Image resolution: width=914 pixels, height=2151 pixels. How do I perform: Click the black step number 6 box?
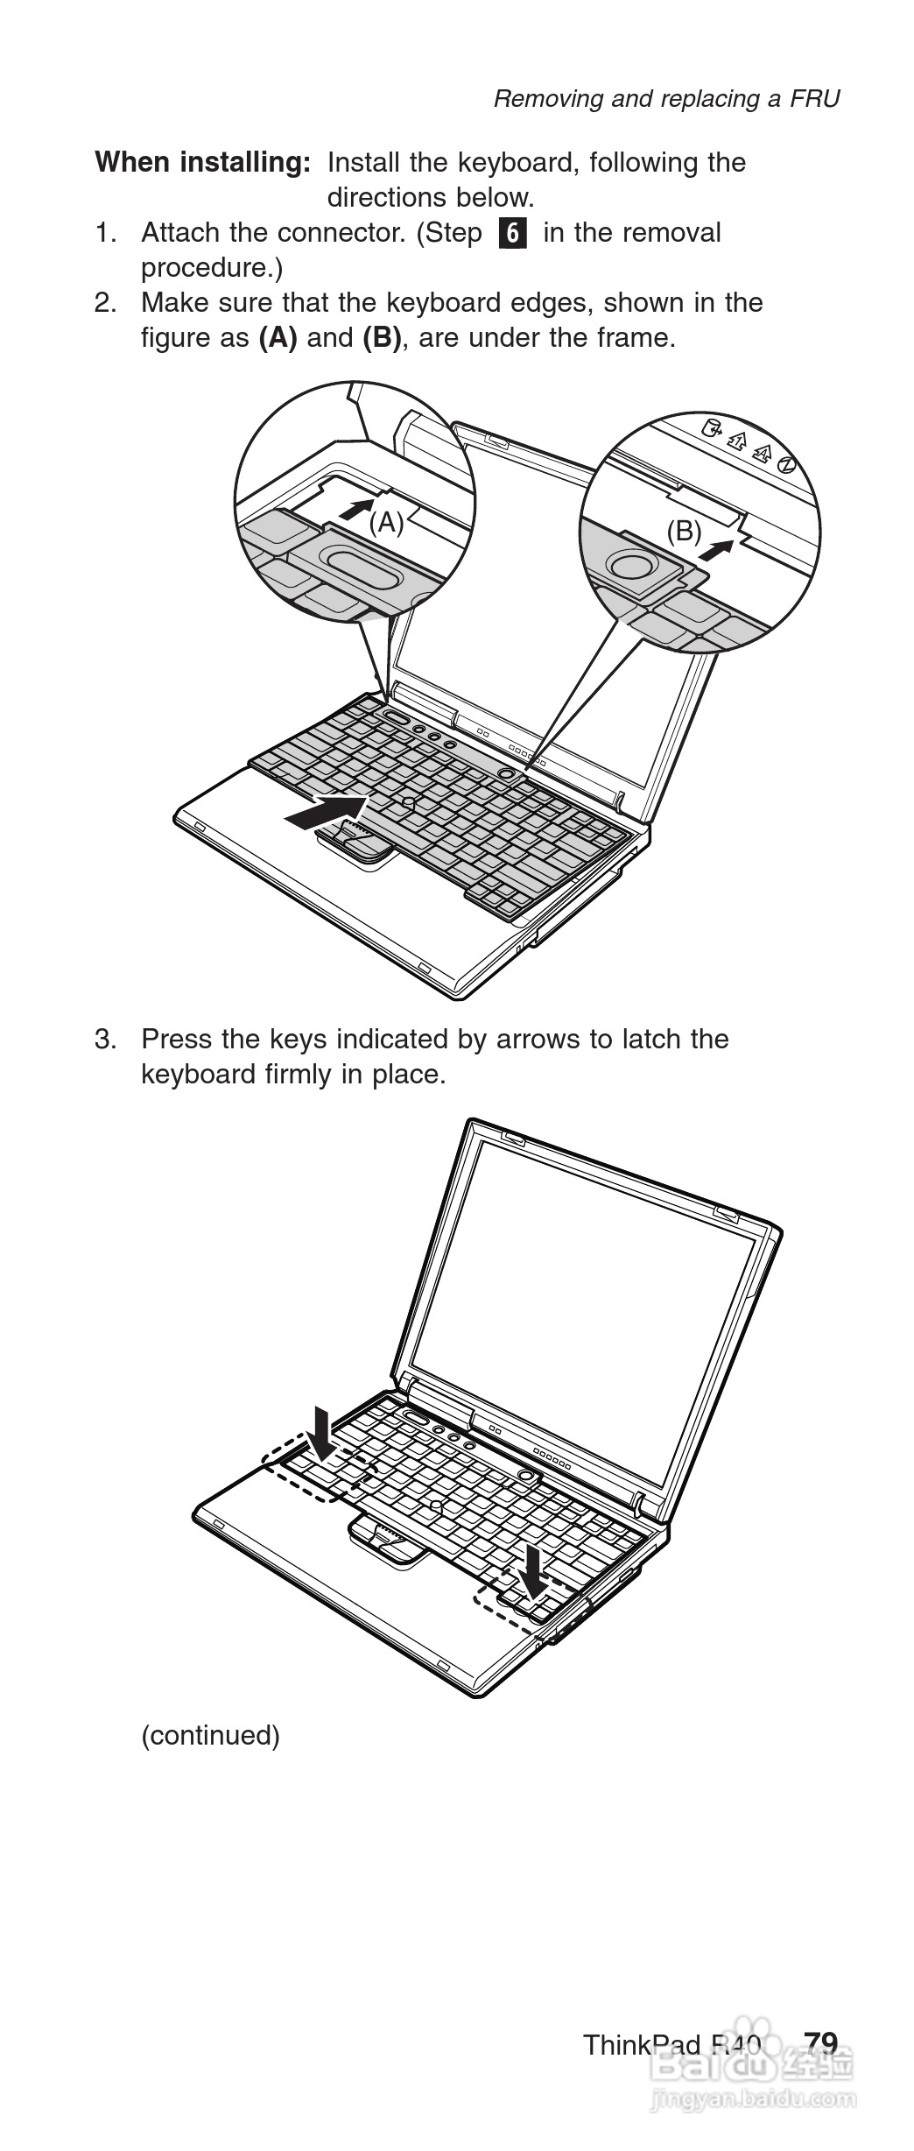coord(514,233)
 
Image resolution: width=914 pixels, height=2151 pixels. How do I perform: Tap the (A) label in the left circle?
coord(386,523)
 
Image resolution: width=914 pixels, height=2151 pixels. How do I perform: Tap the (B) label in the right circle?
coord(685,531)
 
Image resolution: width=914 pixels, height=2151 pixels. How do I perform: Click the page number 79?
coord(822,2043)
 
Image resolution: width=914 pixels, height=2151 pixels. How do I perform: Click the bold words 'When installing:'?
coord(203,163)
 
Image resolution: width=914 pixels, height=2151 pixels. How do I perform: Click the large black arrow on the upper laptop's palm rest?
coord(327,810)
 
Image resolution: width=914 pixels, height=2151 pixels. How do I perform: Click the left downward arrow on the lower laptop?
coord(323,1434)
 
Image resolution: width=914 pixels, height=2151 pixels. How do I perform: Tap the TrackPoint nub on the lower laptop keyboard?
coord(435,1506)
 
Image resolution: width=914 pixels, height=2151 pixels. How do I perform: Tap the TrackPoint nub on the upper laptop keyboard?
coord(408,801)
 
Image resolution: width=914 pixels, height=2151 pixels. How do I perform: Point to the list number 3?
coord(105,1040)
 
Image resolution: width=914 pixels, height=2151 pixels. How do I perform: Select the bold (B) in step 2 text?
coord(382,338)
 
